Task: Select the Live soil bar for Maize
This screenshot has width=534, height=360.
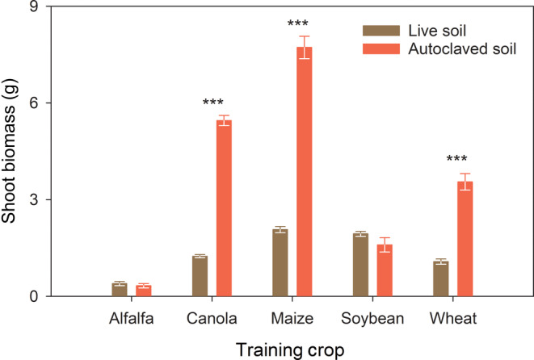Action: tap(280, 263)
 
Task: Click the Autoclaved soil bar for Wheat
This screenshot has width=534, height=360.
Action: tap(465, 239)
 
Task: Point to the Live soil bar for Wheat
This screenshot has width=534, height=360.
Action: tap(441, 279)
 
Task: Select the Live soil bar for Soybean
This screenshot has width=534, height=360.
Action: tap(360, 266)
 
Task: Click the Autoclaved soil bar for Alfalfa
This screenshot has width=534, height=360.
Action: tap(143, 291)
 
